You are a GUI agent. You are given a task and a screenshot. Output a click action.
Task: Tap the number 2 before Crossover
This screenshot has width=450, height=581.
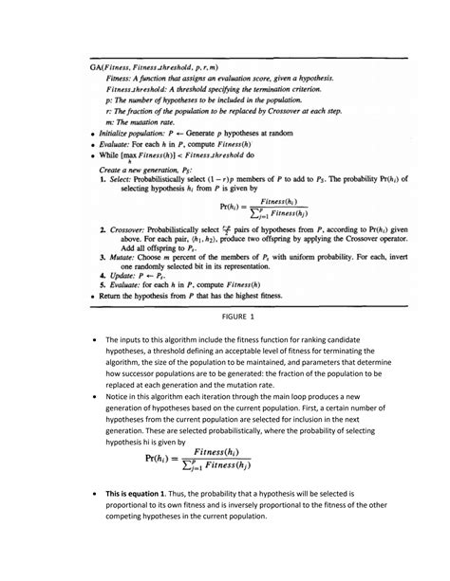[103, 228]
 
